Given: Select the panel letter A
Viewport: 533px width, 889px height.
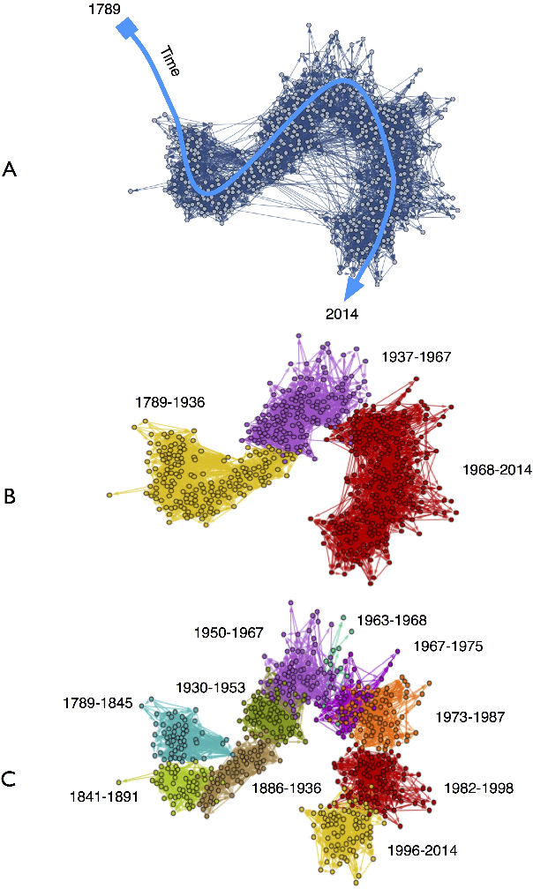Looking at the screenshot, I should [11, 170].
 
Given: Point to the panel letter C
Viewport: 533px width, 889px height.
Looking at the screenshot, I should [11, 779].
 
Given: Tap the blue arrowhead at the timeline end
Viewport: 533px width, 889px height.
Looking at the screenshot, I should [355, 287].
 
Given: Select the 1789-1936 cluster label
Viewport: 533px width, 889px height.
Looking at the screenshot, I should [169, 402].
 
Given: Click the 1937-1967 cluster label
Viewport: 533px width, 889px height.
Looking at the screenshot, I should [416, 357].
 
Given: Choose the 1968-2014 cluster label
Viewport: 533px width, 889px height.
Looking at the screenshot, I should [497, 470].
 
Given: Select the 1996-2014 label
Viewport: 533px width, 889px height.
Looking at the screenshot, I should [423, 852].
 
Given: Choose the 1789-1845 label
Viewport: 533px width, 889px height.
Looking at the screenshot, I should [98, 703].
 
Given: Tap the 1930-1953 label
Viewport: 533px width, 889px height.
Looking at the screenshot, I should [209, 686].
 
